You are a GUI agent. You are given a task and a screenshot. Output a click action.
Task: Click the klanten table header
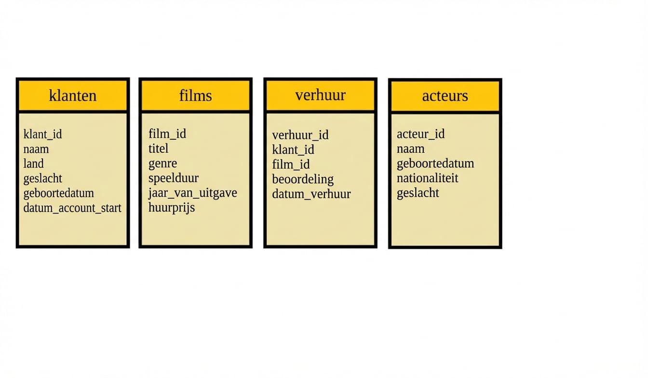click(73, 95)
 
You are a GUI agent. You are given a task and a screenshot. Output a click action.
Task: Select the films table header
click(196, 95)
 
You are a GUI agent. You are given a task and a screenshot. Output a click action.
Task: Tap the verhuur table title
click(320, 95)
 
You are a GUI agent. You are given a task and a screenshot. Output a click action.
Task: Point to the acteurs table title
click(445, 96)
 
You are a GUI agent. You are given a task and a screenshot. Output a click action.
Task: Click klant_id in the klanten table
click(42, 134)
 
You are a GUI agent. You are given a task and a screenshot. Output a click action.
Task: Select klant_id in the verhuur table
click(293, 150)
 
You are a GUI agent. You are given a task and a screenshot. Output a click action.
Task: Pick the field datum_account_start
click(72, 208)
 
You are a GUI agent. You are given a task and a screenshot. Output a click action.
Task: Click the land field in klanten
click(34, 164)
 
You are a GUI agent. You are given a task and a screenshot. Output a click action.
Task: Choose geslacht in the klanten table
click(42, 179)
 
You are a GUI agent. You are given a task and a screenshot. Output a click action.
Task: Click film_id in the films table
click(167, 134)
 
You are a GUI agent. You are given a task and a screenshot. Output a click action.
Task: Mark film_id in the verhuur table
click(291, 164)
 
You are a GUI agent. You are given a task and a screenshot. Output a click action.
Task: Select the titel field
click(158, 148)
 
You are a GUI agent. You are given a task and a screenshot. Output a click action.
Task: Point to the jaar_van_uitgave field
click(193, 193)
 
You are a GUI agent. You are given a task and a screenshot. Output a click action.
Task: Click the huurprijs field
click(172, 208)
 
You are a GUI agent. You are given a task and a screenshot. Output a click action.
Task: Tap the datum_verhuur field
click(311, 194)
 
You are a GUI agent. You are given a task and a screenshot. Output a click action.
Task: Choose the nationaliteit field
click(427, 178)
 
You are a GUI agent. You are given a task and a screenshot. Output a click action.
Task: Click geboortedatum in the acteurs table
click(435, 164)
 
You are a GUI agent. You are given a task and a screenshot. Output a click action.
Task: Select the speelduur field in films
click(174, 178)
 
